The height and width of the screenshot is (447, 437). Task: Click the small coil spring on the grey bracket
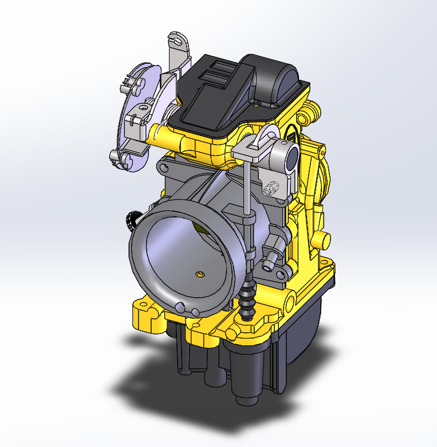pos(274,188)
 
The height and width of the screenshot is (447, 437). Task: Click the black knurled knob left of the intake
pos(133,218)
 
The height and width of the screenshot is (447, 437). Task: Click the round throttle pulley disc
pos(139,118)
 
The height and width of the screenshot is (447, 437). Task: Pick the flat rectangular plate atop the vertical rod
pos(247,150)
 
